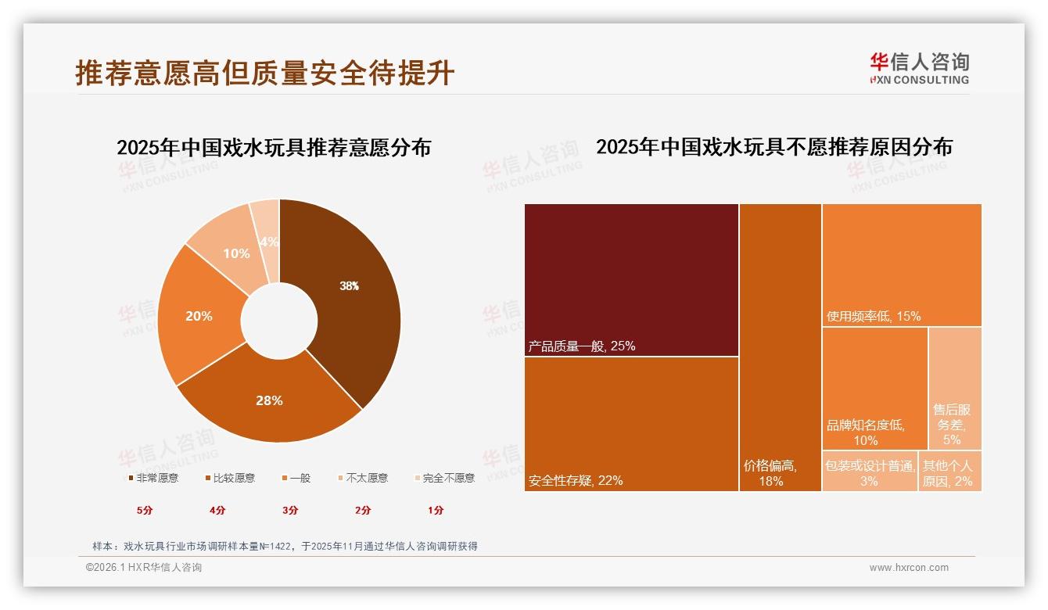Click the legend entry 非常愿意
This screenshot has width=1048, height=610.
(x=153, y=478)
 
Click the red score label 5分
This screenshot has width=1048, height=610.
(x=145, y=511)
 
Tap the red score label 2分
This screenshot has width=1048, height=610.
(x=363, y=511)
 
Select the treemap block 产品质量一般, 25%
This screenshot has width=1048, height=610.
(x=631, y=279)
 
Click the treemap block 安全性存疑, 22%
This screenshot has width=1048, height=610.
(x=631, y=424)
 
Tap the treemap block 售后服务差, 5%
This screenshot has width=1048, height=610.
(x=955, y=389)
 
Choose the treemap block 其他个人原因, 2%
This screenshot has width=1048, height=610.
(x=949, y=472)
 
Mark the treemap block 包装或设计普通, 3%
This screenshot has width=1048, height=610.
(x=869, y=472)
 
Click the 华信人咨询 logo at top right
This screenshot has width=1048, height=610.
(x=919, y=68)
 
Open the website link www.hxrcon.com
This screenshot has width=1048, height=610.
(x=909, y=568)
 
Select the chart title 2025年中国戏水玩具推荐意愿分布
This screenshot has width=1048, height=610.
(x=274, y=148)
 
